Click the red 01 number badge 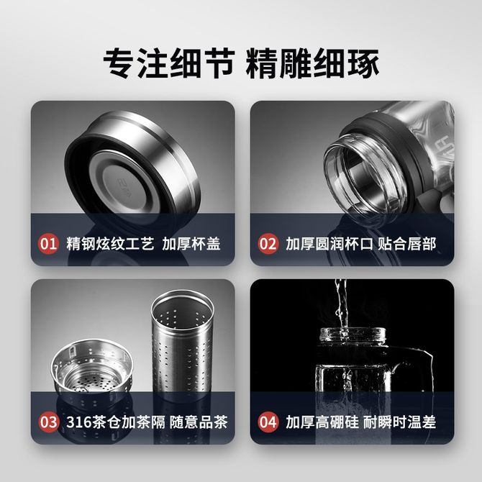(48, 244)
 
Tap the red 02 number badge (268, 244)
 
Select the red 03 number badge (48, 422)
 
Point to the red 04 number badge (268, 422)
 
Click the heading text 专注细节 (169, 63)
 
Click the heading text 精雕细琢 (312, 63)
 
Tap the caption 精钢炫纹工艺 (110, 244)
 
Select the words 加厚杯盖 (191, 244)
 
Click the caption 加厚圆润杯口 (329, 244)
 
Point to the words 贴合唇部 (407, 244)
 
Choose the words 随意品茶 (199, 422)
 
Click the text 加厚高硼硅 (322, 422)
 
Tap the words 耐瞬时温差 (399, 422)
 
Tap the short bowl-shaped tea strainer (92, 368)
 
